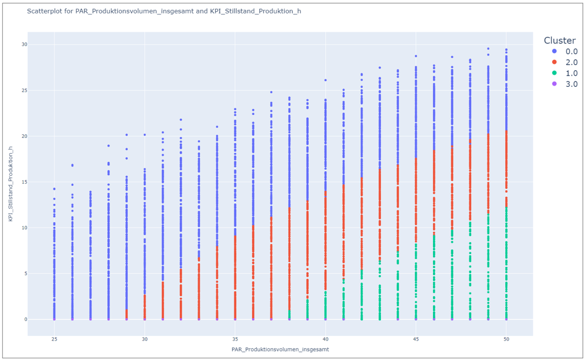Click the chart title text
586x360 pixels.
click(164, 11)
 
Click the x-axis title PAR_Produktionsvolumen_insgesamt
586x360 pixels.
click(280, 349)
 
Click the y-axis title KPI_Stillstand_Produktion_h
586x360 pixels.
click(11, 184)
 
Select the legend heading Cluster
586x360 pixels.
click(560, 40)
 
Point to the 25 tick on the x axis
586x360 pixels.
click(54, 339)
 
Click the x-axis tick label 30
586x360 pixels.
click(145, 339)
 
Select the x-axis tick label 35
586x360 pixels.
click(235, 339)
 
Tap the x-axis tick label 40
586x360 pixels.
click(325, 339)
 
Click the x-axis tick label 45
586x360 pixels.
click(416, 339)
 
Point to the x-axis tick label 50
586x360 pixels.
click(506, 339)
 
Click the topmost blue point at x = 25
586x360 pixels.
click(54, 189)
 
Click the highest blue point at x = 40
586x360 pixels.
click(325, 80)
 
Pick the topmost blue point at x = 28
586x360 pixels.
click(108, 145)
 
